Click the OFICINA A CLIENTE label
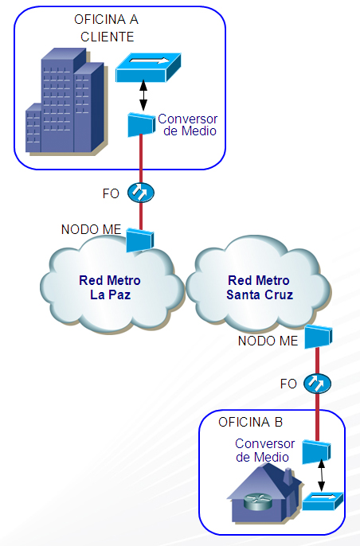[x=106, y=28]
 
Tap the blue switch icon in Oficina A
[x=148, y=68]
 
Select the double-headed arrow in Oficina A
[x=143, y=96]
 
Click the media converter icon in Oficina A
[x=141, y=125]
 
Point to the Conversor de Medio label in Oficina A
[x=187, y=125]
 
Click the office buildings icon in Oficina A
[x=65, y=102]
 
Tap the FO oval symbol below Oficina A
[x=141, y=193]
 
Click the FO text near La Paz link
[x=111, y=193]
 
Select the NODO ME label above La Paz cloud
[x=92, y=229]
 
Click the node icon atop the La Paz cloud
[x=139, y=240]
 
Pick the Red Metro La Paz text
[x=110, y=287]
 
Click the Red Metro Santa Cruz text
[x=260, y=287]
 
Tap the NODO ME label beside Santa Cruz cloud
[x=268, y=341]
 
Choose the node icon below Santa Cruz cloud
[x=318, y=337]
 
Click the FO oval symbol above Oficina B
[x=317, y=384]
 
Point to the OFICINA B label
[x=250, y=422]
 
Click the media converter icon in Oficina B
[x=316, y=452]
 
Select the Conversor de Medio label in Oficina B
[x=265, y=450]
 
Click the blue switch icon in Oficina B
[x=323, y=501]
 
